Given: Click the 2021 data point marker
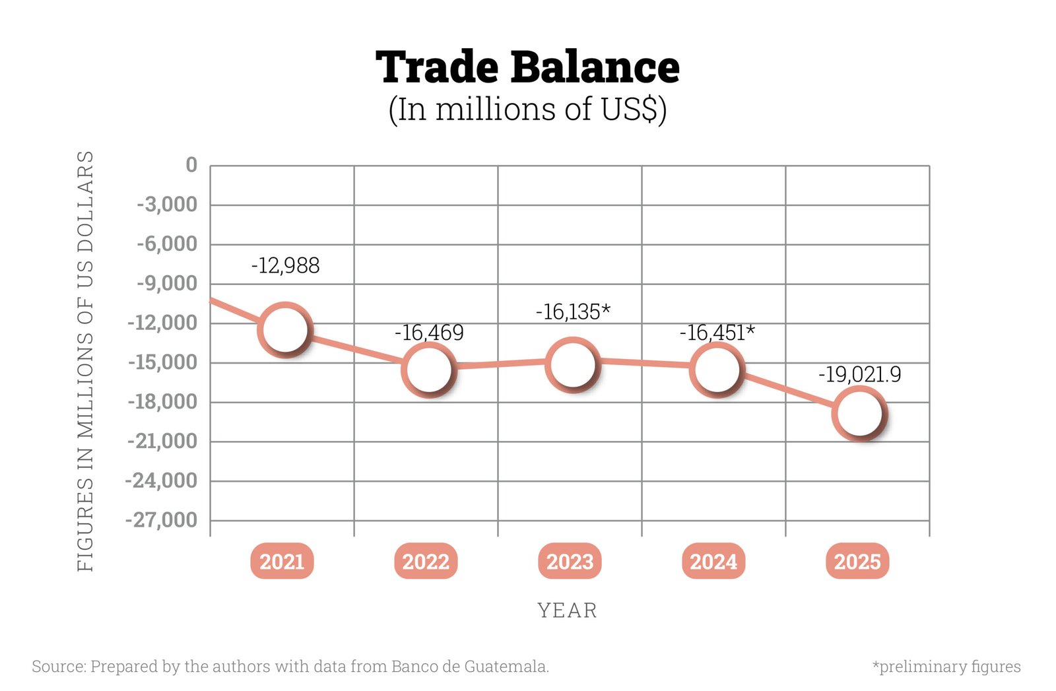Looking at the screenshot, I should click(285, 329).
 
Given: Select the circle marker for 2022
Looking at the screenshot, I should click(429, 370).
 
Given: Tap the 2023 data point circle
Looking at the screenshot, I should click(573, 364).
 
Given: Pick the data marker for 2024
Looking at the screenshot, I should click(717, 370).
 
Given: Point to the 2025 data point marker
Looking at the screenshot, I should click(859, 413).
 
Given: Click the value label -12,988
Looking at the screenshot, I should click(285, 265).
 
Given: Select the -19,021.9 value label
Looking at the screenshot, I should click(859, 375).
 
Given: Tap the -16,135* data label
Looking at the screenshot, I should click(573, 312).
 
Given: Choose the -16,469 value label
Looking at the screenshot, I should click(429, 333).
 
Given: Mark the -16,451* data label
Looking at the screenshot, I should click(717, 333).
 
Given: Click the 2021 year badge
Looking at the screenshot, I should click(282, 562).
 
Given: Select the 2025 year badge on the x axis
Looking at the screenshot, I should click(857, 562).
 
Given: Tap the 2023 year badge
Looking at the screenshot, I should click(570, 562).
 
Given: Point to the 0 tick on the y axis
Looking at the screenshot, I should click(191, 165).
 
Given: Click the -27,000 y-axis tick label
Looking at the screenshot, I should click(162, 520).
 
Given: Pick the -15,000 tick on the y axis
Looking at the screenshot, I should click(162, 362).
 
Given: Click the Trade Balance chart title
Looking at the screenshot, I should click(527, 67).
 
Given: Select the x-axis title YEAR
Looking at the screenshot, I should click(568, 610).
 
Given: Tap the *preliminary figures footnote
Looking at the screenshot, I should click(946, 667).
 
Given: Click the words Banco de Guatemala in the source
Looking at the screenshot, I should click(469, 667).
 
